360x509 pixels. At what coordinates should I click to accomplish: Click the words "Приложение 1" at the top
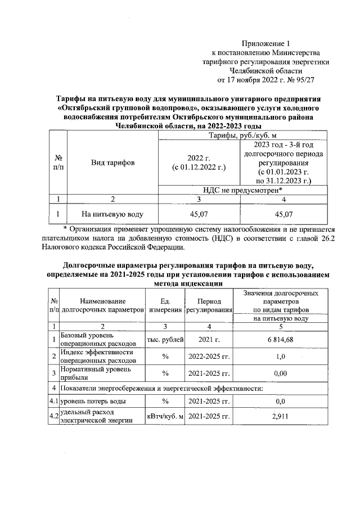coord(267,43)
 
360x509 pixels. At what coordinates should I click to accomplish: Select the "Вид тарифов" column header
coord(113,163)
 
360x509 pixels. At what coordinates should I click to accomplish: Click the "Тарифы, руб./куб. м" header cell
coord(243,136)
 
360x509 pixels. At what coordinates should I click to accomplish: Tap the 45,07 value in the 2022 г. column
coord(199,214)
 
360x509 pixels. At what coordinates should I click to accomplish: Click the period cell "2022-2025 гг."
coord(209,357)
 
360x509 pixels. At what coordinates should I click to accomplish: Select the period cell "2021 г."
coord(209,339)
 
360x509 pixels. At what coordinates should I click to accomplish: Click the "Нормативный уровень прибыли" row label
coord(95,373)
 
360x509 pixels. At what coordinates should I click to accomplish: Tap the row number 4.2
coord(53,416)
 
